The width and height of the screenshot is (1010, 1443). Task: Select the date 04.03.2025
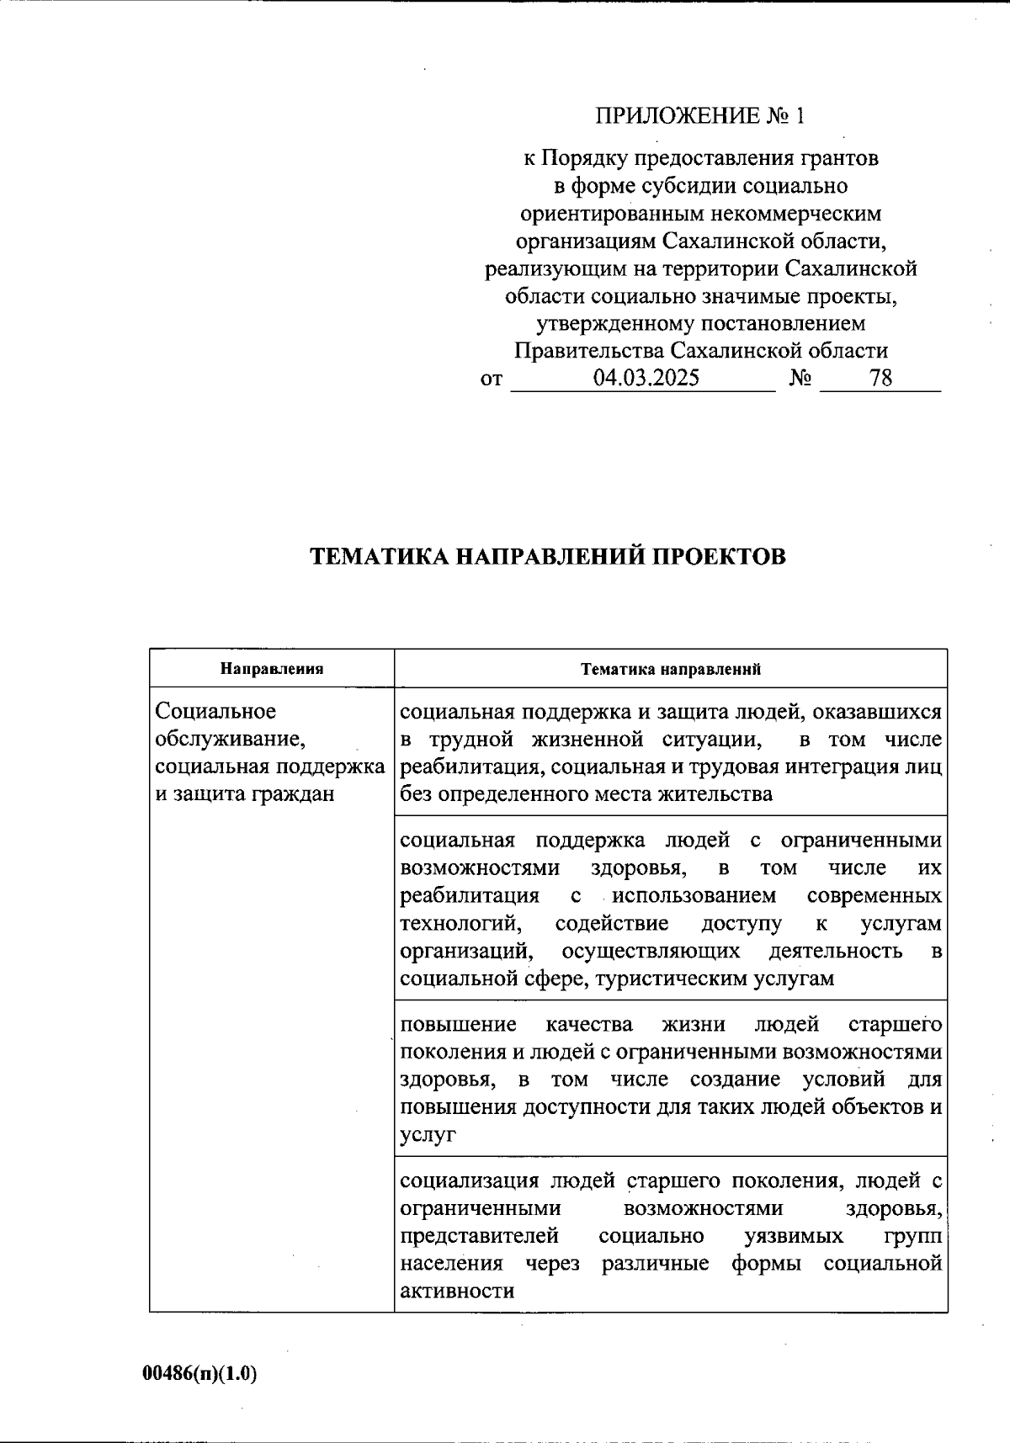646,378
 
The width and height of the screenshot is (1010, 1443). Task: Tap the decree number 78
881,378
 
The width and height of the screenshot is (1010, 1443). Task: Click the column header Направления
272,670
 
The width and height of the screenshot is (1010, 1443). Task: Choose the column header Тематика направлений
671,670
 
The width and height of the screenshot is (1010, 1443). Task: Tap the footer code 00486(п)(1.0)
199,1374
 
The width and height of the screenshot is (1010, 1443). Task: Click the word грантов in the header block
839,158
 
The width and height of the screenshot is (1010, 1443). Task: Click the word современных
874,895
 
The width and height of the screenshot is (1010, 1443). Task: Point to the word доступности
574,1107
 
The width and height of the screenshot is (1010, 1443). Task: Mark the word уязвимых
794,1236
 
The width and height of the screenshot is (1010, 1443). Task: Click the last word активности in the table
457,1292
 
